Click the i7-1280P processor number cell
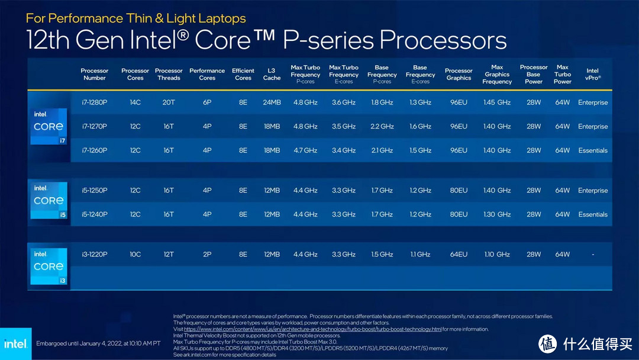(95, 102)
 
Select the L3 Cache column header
(272, 74)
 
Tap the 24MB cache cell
(272, 102)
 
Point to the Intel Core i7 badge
(49, 126)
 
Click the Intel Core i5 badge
(49, 201)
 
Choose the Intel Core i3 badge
(49, 266)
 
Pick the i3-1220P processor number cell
(95, 255)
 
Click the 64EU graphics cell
(459, 255)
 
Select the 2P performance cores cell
(207, 255)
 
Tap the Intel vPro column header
(592, 74)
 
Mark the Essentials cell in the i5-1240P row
(593, 214)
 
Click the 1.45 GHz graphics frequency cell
(497, 102)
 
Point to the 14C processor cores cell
(135, 102)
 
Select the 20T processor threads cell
(169, 102)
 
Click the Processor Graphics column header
(459, 74)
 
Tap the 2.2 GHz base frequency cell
(382, 126)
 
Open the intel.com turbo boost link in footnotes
(312, 329)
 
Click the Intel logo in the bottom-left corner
(15, 343)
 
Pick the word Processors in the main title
(443, 40)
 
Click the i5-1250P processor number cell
(95, 191)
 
